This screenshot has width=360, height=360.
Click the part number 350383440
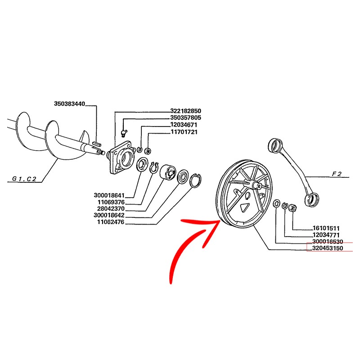click(69, 103)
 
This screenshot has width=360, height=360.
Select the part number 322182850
click(185, 111)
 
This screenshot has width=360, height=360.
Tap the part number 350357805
click(185, 118)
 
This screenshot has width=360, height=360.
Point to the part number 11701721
click(184, 132)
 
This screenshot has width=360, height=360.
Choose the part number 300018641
click(109, 195)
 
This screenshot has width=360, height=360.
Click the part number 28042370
click(111, 209)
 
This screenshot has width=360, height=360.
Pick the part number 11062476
click(111, 222)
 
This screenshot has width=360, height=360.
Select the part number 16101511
click(326, 228)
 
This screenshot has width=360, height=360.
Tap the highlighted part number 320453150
click(328, 248)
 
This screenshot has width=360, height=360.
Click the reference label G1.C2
click(24, 179)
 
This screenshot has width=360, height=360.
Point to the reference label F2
click(337, 174)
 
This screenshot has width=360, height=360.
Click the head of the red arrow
click(219, 221)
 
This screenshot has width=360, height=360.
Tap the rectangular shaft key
click(96, 144)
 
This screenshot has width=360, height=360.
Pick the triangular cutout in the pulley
click(244, 207)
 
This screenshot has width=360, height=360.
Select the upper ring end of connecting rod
click(275, 145)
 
